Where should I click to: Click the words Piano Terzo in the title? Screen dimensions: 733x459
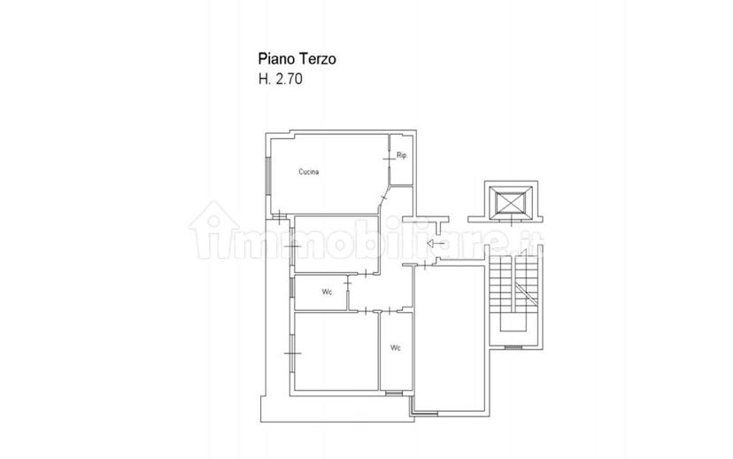tap(297, 59)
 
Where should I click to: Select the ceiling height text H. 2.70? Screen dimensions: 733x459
tap(281, 79)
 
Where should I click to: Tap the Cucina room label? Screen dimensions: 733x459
tap(309, 172)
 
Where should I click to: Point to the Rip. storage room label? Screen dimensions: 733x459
tap(402, 155)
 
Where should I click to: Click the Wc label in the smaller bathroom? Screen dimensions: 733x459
tap(327, 292)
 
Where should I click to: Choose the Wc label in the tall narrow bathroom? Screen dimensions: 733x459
tap(396, 347)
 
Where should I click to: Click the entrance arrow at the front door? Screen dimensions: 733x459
tap(436, 244)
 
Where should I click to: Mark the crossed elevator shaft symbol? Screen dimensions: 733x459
tap(511, 202)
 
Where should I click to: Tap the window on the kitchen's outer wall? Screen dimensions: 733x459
tap(268, 176)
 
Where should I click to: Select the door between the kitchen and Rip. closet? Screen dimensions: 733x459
tap(389, 159)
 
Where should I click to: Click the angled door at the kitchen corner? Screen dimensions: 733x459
tap(384, 198)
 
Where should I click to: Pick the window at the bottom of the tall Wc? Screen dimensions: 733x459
tap(394, 393)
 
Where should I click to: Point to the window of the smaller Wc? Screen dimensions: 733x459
tap(290, 287)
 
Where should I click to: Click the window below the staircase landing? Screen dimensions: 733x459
tap(513, 347)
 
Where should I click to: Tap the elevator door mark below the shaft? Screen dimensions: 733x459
tap(512, 221)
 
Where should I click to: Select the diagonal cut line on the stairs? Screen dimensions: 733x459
tap(527, 292)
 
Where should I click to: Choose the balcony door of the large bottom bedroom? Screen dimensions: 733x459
tap(292, 353)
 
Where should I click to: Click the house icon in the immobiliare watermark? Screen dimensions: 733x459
tap(213, 229)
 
